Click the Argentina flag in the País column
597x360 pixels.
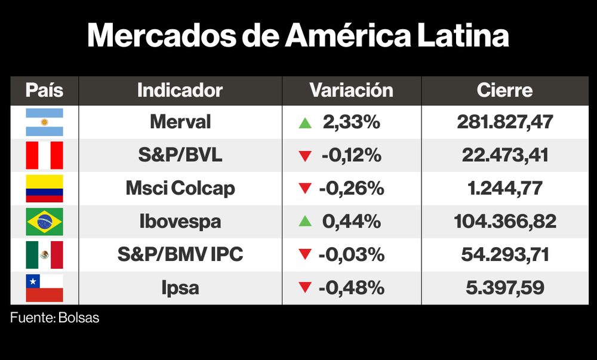(44, 122)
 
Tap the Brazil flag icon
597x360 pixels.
(44, 221)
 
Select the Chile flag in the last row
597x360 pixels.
(44, 288)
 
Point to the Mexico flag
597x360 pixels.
(44, 255)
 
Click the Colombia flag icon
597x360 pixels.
(44, 189)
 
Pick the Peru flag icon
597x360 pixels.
(44, 155)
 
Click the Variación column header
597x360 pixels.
(351, 90)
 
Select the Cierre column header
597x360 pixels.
(504, 90)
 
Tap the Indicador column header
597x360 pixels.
(180, 90)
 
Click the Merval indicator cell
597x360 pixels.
(180, 122)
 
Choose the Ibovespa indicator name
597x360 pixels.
(180, 221)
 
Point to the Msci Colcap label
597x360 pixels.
(180, 189)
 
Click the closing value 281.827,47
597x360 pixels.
(505, 122)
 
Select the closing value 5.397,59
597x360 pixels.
(505, 288)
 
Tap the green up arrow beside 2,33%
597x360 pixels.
(305, 123)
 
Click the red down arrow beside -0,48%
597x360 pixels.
(305, 288)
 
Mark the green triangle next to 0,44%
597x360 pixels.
(305, 221)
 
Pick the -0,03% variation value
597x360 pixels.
(352, 255)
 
